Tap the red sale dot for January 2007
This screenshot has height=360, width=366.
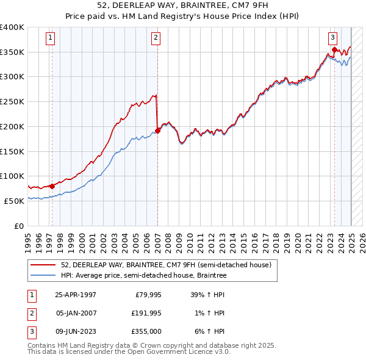[157, 130]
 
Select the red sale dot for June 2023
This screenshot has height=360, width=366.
[334, 49]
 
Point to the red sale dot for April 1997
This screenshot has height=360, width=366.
[52, 186]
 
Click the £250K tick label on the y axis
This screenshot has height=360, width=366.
[12, 102]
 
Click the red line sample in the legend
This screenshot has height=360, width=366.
[43, 265]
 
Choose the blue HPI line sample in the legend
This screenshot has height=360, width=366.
[43, 276]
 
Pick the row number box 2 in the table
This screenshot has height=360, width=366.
[30, 313]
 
